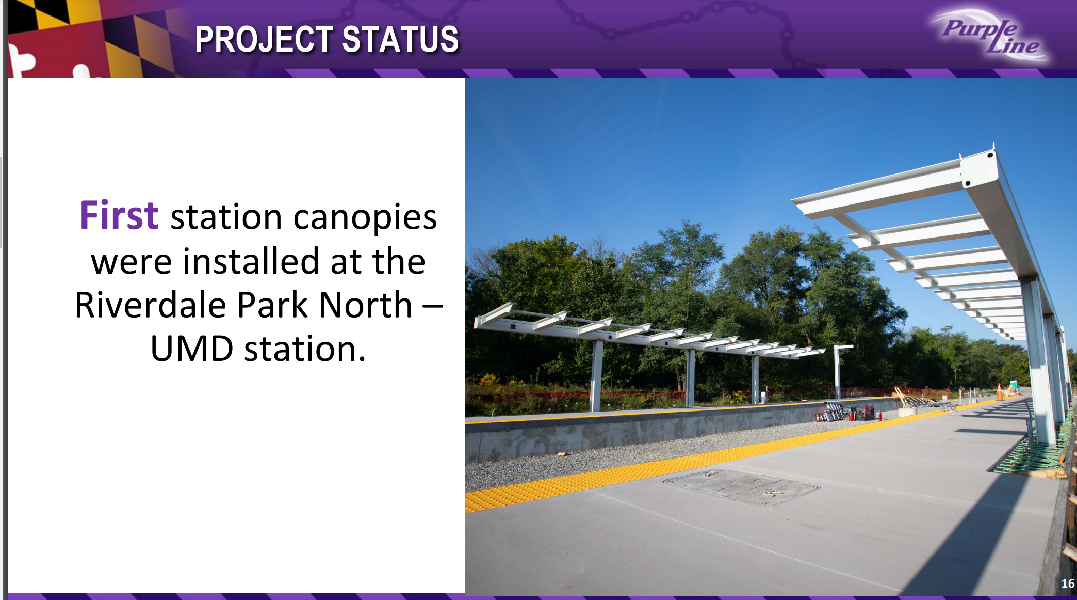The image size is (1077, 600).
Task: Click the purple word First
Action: point(119,215)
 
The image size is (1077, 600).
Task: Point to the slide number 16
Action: point(1068,583)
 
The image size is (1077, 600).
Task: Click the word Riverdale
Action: point(151,305)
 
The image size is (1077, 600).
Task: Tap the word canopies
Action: point(365,217)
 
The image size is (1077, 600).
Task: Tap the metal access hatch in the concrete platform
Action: point(741,486)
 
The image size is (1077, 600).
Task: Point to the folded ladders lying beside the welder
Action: point(829,412)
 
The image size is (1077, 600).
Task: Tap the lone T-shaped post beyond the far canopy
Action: point(838,370)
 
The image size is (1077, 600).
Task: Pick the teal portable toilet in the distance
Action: point(1014,387)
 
